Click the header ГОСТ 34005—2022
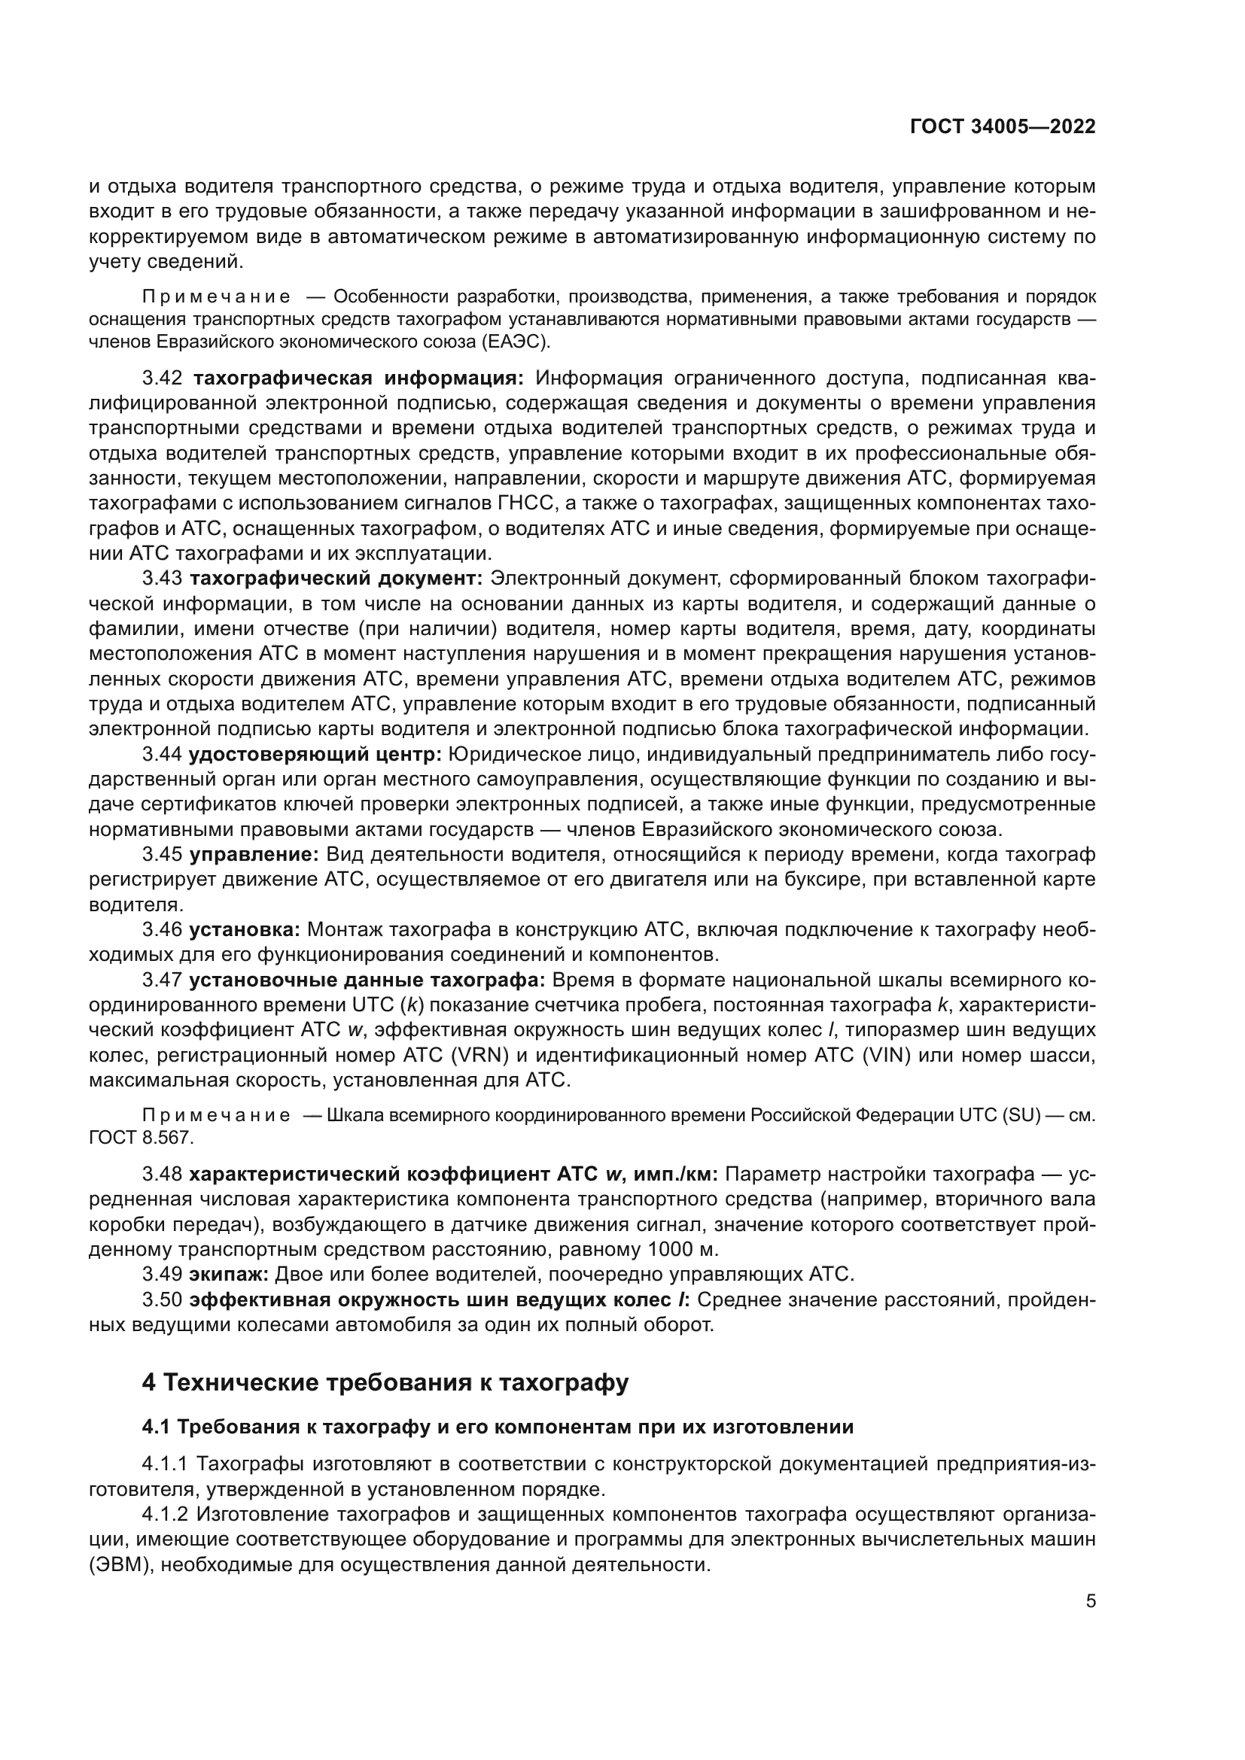pyautogui.click(x=1003, y=126)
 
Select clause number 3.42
pyautogui.click(x=163, y=378)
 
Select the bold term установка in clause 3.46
pyautogui.click(x=245, y=931)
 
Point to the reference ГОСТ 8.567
pyautogui.click(x=139, y=1138)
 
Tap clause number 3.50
pyautogui.click(x=163, y=1300)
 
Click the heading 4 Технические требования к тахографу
pyautogui.click(x=385, y=1383)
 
